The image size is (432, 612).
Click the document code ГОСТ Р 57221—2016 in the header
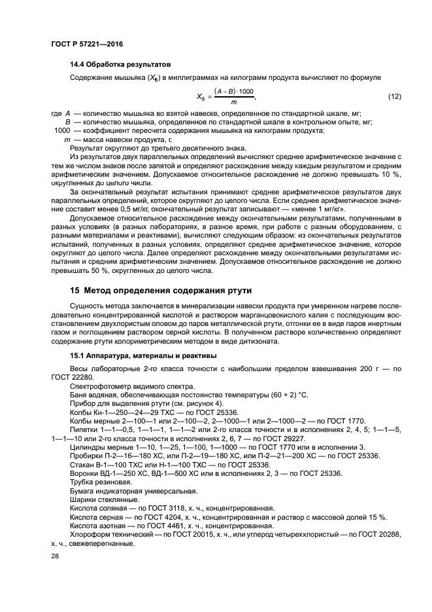pyautogui.click(x=87, y=43)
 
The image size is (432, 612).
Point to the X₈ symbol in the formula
pyautogui.click(x=201, y=97)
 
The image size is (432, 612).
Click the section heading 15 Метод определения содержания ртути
pyautogui.click(x=161, y=290)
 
